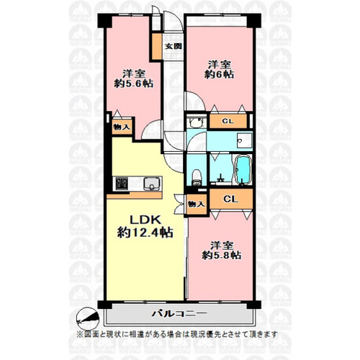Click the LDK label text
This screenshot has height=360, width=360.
tap(145, 220)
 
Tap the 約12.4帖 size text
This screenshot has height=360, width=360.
tap(145, 233)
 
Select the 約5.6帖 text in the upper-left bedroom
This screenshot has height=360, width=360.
tap(134, 84)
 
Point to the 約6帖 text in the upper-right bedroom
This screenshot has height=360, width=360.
tap(219, 74)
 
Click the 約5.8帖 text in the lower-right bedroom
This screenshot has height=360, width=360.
tap(222, 255)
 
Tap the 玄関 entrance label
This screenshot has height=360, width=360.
tap(173, 46)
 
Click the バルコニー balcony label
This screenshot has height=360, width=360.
tap(179, 313)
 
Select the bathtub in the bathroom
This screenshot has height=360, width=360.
tap(243, 171)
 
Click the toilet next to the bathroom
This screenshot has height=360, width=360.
tap(197, 177)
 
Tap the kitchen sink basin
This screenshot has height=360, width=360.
tap(153, 184)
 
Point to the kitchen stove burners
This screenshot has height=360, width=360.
tap(122, 184)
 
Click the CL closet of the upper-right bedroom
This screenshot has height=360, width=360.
tap(228, 121)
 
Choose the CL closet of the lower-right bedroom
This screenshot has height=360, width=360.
tap(231, 199)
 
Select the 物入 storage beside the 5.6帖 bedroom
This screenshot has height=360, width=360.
tap(122, 127)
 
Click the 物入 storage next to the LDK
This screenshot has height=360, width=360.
tap(197, 204)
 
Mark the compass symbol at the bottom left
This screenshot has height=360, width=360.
tap(88, 319)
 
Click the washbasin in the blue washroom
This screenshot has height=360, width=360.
tap(244, 140)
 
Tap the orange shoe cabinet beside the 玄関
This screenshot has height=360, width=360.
tap(158, 47)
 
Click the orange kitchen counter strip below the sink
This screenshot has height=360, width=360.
tap(134, 195)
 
